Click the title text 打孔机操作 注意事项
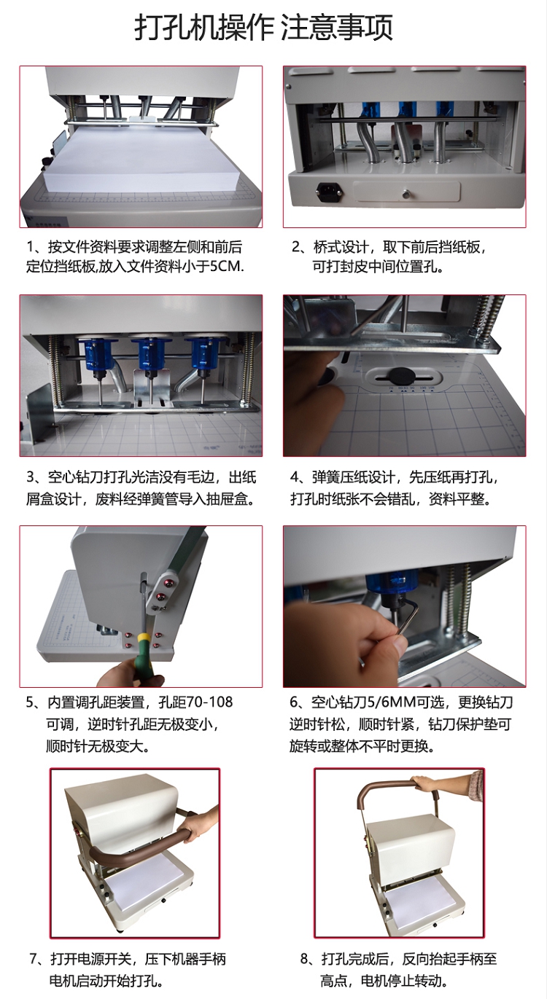tap(263, 27)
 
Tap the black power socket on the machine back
tap(330, 191)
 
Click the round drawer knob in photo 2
tap(406, 194)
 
